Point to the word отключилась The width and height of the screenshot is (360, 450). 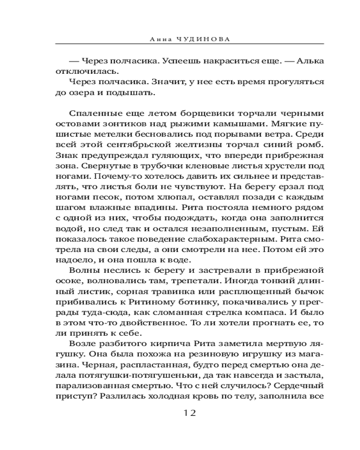click(x=79, y=72)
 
